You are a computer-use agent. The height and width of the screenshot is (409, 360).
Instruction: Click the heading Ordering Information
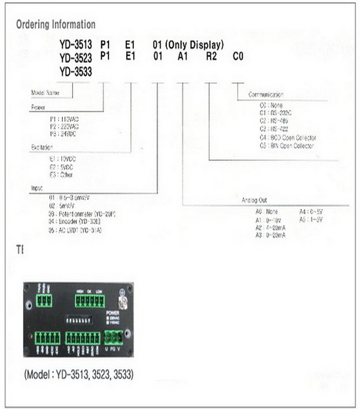(x=56, y=24)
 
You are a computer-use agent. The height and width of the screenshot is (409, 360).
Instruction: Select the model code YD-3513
(x=75, y=45)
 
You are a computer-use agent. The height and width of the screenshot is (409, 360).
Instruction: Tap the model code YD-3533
(x=75, y=72)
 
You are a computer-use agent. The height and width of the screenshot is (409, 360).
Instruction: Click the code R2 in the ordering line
(x=211, y=57)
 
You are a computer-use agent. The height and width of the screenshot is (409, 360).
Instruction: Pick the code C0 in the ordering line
(x=238, y=57)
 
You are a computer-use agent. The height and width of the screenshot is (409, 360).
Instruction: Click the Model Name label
(x=45, y=92)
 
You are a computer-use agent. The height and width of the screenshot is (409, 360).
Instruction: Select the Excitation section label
(x=42, y=147)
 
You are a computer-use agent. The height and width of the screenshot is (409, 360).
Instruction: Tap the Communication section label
(x=266, y=94)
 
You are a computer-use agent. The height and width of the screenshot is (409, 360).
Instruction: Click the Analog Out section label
(x=254, y=201)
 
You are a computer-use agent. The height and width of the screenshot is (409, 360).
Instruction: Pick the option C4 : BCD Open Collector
(x=288, y=138)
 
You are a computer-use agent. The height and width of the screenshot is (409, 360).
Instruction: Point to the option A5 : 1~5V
(x=312, y=219)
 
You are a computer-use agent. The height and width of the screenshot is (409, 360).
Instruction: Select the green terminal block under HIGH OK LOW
(x=90, y=301)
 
